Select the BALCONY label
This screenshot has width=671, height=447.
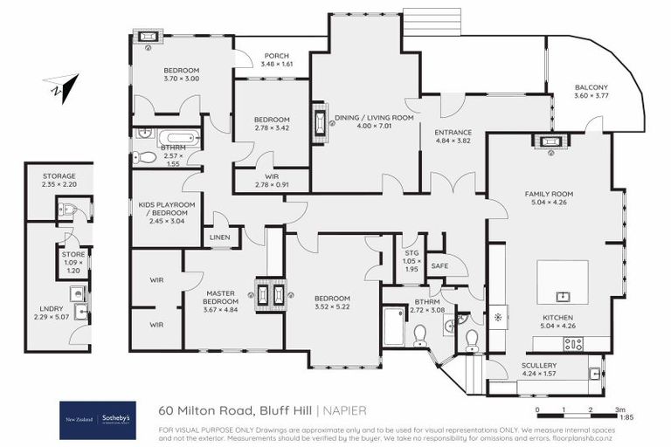[591, 87]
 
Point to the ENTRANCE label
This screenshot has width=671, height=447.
[453, 133]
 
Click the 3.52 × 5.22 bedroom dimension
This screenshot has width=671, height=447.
[332, 307]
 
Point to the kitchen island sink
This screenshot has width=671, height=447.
[562, 296]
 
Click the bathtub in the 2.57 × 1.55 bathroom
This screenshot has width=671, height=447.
[182, 138]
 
